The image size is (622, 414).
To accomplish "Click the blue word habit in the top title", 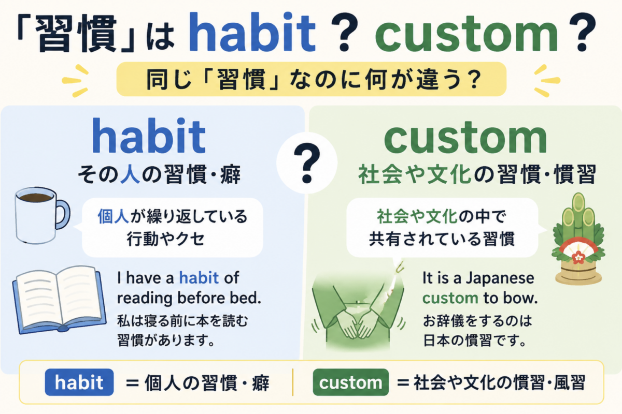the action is (252, 32).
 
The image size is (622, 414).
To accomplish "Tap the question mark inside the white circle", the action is (307, 163).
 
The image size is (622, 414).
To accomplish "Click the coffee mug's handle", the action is (63, 214).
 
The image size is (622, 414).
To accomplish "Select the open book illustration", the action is (59, 300).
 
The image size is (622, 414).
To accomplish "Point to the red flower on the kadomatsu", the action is (578, 257).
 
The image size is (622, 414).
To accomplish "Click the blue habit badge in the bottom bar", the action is (79, 382).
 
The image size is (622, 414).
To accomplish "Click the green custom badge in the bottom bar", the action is (351, 382).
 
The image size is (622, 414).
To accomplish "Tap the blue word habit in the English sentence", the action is (199, 278).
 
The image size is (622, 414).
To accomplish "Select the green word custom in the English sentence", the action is (450, 299).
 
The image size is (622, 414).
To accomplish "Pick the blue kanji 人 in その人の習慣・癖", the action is (130, 174).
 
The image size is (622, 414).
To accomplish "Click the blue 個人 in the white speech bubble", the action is (114, 216).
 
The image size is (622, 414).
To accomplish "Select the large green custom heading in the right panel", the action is (465, 139).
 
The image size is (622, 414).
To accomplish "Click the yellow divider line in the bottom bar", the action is (293, 382).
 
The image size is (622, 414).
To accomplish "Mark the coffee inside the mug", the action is (36, 198).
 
